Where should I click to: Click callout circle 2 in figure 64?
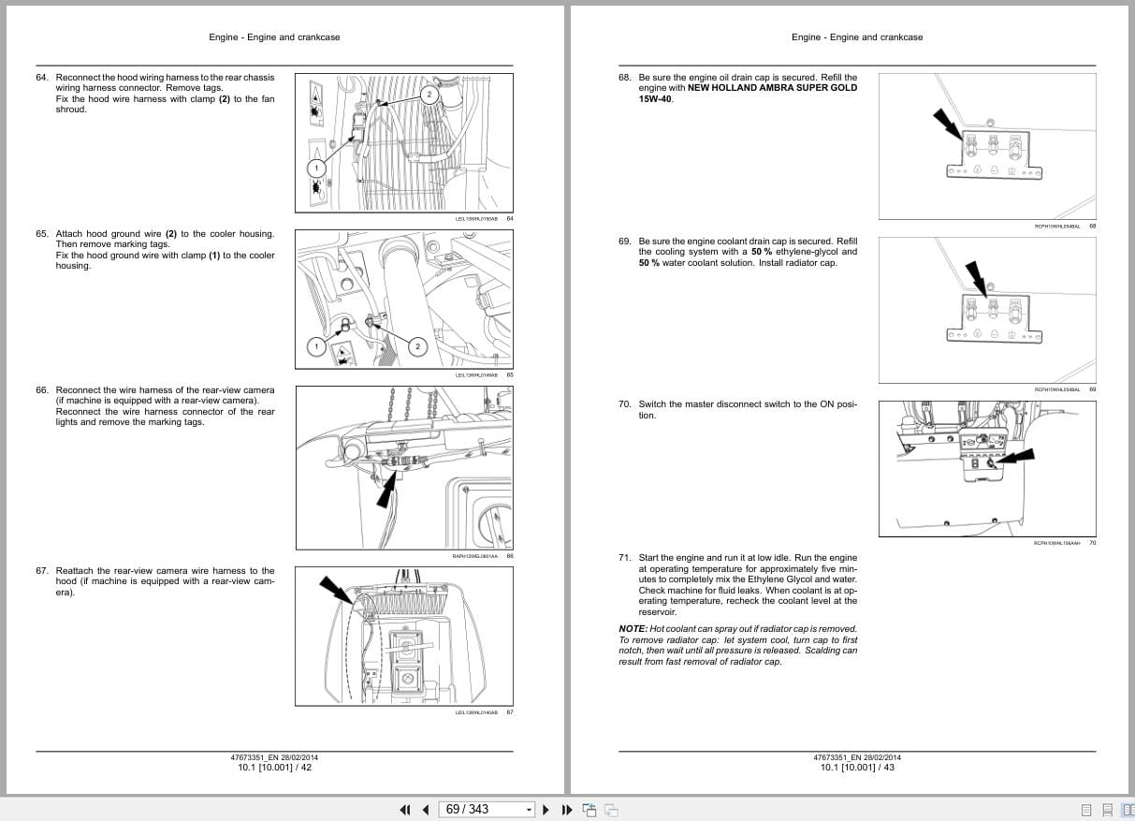pyautogui.click(x=429, y=95)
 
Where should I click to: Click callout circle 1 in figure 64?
pyautogui.click(x=316, y=169)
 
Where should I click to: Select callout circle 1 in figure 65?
pyautogui.click(x=316, y=347)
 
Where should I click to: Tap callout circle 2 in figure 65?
pyautogui.click(x=418, y=347)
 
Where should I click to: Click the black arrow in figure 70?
pyautogui.click(x=1015, y=458)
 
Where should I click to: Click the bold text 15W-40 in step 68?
pyautogui.click(x=655, y=98)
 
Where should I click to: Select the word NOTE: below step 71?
pyautogui.click(x=633, y=629)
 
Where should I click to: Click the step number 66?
pyautogui.click(x=42, y=390)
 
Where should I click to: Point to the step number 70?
pyautogui.click(x=624, y=404)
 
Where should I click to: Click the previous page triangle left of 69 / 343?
pyautogui.click(x=426, y=810)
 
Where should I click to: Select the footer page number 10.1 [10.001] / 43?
pyautogui.click(x=857, y=768)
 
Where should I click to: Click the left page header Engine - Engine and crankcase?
pyautogui.click(x=274, y=37)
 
